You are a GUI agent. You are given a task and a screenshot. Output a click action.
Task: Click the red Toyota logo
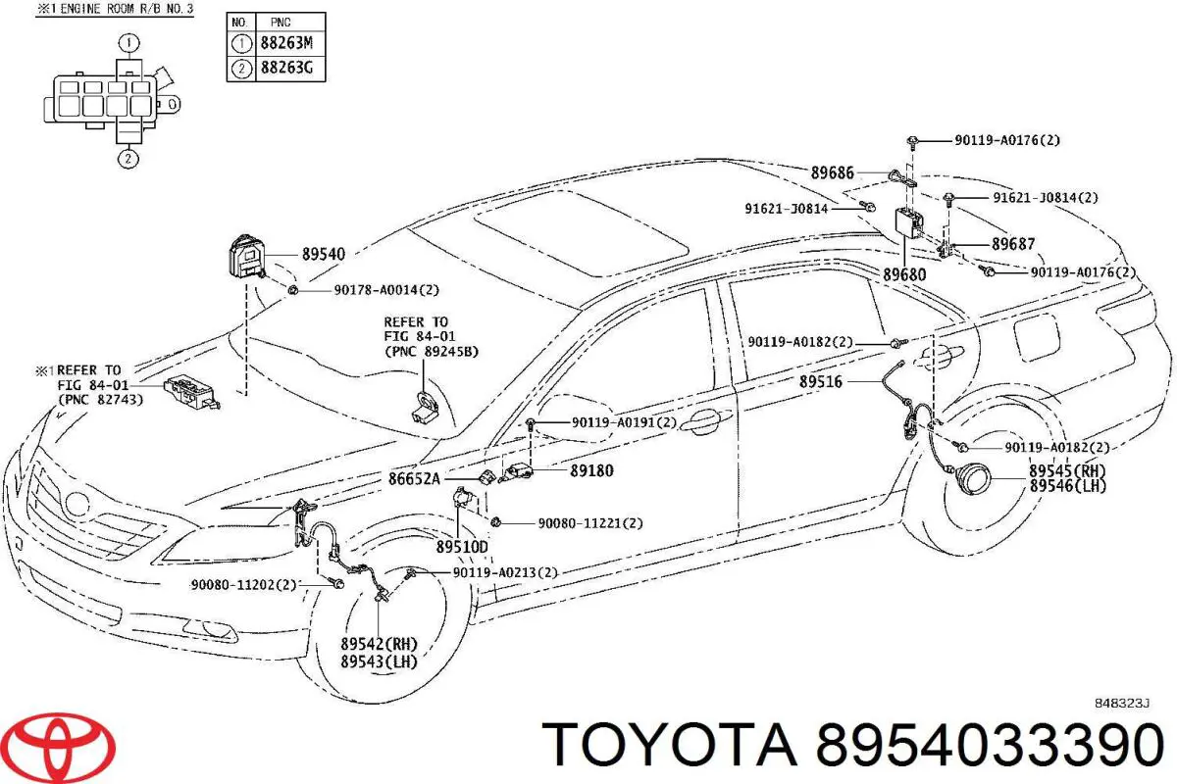pos(58,747)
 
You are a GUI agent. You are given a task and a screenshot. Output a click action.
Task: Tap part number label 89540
pos(323,254)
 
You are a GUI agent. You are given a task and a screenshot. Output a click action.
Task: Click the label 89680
pos(904,274)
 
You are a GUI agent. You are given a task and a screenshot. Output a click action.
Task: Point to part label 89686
pos(833,172)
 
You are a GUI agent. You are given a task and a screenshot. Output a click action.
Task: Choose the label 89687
pos(1013,244)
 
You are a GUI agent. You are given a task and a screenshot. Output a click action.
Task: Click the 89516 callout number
pos(821,382)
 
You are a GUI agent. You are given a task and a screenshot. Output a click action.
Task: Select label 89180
pos(591,470)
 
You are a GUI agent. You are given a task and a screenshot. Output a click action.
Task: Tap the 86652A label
pos(414,479)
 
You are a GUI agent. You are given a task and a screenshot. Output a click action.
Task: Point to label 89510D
pos(462,547)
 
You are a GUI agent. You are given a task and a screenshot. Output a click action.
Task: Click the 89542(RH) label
pos(379,644)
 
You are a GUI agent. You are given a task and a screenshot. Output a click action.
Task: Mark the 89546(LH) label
pos(1068,486)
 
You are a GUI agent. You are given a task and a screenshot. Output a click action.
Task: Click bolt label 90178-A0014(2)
pos(386,290)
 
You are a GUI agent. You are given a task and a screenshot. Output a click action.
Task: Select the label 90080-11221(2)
pos(590,523)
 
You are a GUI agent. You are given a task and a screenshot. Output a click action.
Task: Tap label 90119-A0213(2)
pos(505,572)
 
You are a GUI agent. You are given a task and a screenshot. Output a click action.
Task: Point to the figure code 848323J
pos(1122,703)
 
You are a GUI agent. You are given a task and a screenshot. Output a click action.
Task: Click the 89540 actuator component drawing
pos(247,256)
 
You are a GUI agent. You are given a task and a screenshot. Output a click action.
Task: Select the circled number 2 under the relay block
pos(128,159)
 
